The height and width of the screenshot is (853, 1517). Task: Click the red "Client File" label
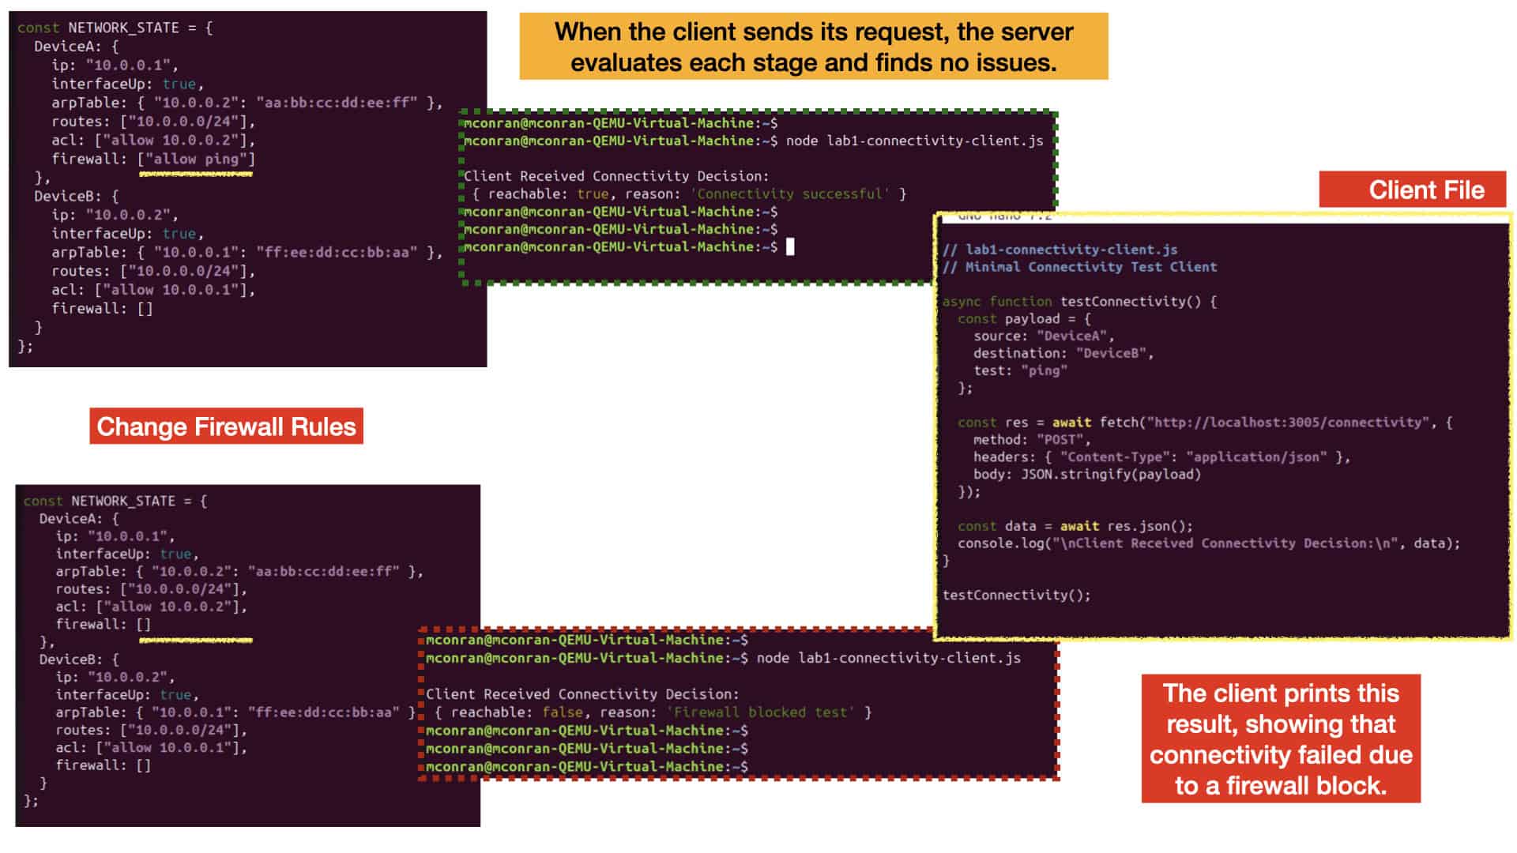click(1413, 190)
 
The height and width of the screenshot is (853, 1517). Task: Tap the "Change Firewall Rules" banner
click(226, 426)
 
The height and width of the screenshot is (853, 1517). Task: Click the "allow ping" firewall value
click(196, 159)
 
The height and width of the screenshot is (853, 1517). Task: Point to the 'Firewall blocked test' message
click(760, 712)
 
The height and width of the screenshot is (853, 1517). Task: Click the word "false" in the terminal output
click(563, 712)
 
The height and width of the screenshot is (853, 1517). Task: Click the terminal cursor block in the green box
click(790, 246)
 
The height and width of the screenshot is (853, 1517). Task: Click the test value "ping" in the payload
click(1044, 370)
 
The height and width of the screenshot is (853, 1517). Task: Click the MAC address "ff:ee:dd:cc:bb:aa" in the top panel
click(337, 252)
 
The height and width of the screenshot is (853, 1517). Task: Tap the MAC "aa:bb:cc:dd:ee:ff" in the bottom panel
click(323, 571)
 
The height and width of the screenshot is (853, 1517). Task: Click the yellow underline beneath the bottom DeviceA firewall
click(196, 641)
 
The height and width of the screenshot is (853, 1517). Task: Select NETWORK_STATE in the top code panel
click(123, 28)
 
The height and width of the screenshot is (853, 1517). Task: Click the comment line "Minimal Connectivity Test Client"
click(1090, 267)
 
